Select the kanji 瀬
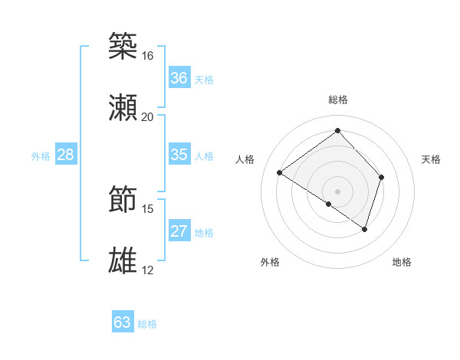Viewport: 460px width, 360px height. tap(123, 107)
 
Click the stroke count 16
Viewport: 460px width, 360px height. tap(147, 56)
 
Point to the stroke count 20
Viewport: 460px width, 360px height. tap(147, 117)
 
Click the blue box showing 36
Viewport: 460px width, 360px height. tap(179, 78)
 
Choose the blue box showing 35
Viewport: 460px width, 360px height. tap(179, 155)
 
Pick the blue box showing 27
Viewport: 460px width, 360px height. tap(179, 231)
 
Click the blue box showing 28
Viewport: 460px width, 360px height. tap(65, 155)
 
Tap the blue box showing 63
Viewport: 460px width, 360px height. tap(123, 322)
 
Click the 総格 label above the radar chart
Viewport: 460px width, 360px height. tap(338, 100)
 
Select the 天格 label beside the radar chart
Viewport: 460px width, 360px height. tap(432, 159)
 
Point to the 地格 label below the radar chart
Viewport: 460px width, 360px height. tap(402, 262)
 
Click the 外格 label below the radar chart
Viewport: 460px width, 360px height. tap(270, 262)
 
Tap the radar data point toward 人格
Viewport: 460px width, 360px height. tap(280, 173)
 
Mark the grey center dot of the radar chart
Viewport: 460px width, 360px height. tap(337, 191)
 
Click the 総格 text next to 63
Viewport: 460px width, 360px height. tap(147, 324)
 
